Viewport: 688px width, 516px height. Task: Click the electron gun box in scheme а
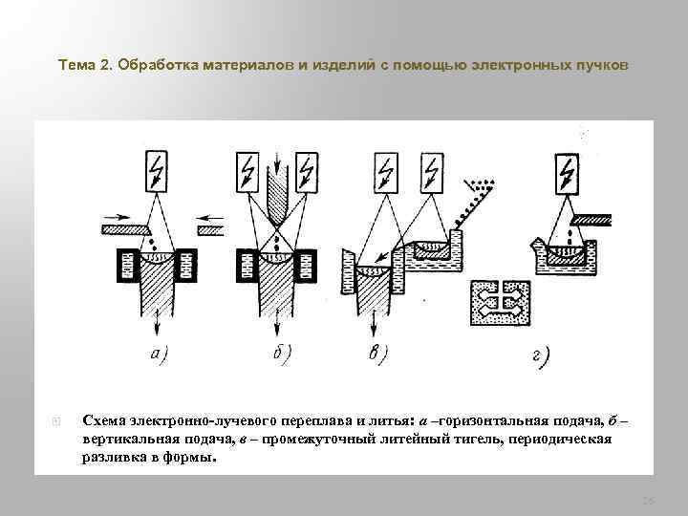coord(157,173)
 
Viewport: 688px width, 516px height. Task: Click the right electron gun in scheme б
coord(306,173)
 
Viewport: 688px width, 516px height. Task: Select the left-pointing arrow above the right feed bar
coord(209,217)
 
